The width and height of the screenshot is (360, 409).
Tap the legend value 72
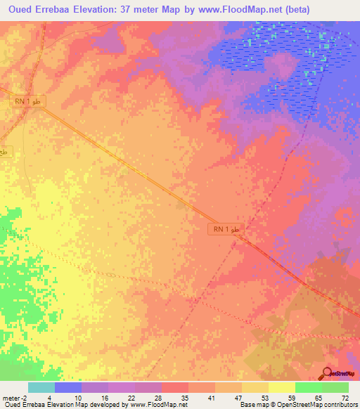click(344, 397)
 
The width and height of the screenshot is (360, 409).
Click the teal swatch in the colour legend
click(41, 387)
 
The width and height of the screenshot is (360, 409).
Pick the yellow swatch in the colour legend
click(281, 387)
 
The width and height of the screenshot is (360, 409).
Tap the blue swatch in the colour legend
click(68, 387)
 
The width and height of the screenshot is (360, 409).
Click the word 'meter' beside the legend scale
click(12, 397)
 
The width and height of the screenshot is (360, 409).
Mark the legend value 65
click(318, 397)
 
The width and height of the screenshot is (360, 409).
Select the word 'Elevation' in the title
click(95, 9)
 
